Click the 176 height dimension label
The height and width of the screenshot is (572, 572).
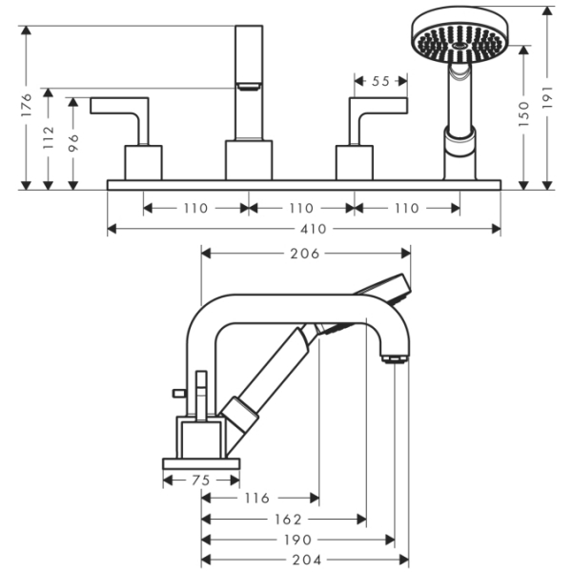(x=26, y=107)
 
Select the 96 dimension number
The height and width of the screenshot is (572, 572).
(x=73, y=142)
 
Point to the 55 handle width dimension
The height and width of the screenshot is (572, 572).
(x=380, y=82)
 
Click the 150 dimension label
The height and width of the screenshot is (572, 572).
(x=523, y=116)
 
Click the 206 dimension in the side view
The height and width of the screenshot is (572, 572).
(x=304, y=253)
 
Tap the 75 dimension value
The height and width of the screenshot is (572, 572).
(x=200, y=480)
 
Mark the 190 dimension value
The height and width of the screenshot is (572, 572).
(x=296, y=541)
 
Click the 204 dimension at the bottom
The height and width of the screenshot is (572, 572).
(x=305, y=561)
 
